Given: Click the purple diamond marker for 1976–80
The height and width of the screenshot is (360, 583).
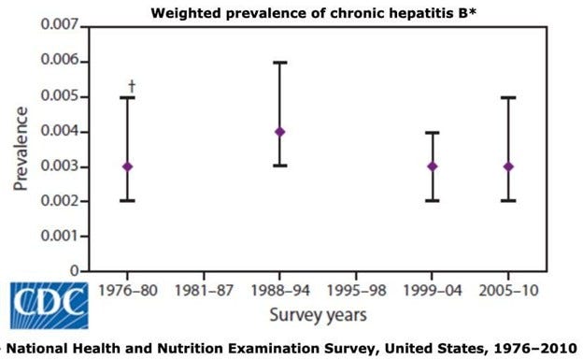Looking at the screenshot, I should click(x=127, y=166).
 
